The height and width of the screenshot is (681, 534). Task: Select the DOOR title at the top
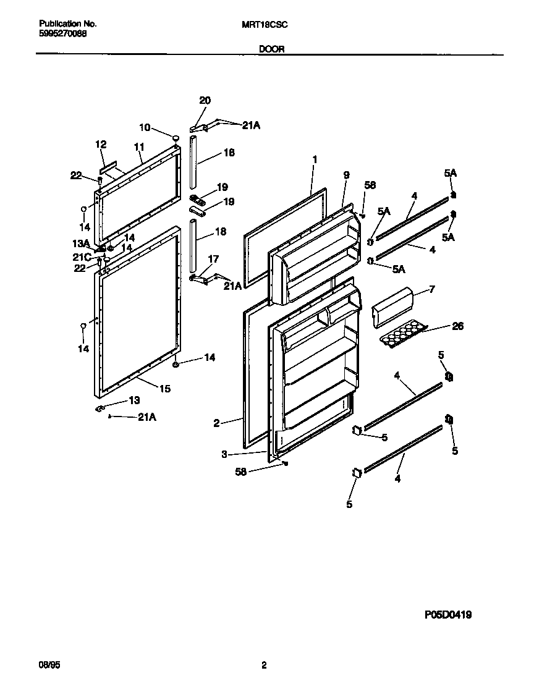[271, 49]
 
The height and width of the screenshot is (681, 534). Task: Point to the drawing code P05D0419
[448, 615]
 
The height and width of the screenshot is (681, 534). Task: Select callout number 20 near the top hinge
[205, 101]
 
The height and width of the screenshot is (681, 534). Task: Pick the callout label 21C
[82, 256]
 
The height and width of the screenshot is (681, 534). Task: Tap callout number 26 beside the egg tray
[458, 326]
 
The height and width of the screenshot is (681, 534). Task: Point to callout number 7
[432, 290]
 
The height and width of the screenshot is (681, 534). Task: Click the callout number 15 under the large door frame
[164, 389]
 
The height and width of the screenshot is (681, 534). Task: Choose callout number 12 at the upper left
[101, 145]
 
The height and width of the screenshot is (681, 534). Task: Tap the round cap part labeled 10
[176, 138]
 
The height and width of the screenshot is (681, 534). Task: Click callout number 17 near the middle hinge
[213, 259]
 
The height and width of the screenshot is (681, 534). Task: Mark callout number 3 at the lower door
[224, 454]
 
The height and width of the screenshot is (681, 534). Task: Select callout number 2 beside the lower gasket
[216, 423]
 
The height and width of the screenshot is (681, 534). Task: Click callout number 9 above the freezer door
[346, 176]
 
